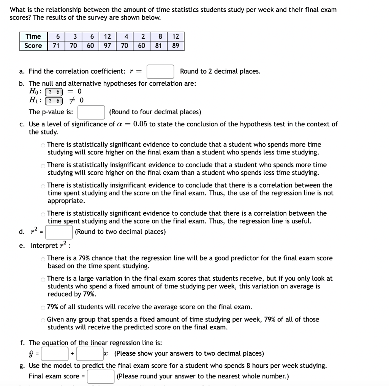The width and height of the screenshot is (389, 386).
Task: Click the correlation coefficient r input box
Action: tap(160, 71)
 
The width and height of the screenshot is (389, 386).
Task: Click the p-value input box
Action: tap(91, 112)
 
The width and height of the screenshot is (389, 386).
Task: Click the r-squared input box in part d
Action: tap(59, 232)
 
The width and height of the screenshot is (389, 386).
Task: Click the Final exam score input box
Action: tap(101, 377)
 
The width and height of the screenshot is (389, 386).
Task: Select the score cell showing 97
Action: tap(108, 46)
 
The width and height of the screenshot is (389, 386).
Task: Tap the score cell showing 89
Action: tap(176, 46)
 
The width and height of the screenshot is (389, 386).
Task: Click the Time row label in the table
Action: tap(33, 36)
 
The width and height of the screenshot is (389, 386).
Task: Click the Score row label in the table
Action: tap(33, 46)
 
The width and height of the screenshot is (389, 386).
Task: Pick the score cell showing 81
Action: tap(158, 46)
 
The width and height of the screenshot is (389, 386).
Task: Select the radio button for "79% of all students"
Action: tap(43, 307)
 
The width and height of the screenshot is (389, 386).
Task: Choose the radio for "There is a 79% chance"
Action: tap(43, 259)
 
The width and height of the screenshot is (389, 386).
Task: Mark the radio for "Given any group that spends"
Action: tap(43, 320)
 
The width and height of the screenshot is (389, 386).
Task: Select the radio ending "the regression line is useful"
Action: tap(43, 214)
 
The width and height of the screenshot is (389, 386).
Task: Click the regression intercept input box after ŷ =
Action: tap(55, 354)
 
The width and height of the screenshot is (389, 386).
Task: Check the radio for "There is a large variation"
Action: tap(43, 279)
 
